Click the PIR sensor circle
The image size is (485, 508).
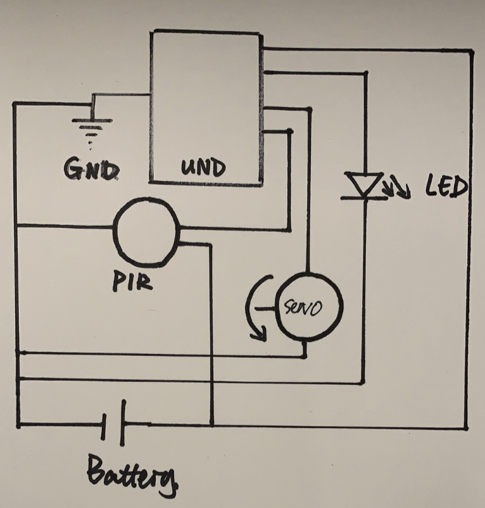click(146, 232)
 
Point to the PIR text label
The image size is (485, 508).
click(133, 281)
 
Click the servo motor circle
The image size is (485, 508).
click(308, 307)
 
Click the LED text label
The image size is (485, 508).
click(446, 187)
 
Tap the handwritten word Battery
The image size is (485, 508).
click(131, 475)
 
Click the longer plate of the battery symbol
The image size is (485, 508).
click(122, 423)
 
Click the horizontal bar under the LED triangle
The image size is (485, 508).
click(364, 198)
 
